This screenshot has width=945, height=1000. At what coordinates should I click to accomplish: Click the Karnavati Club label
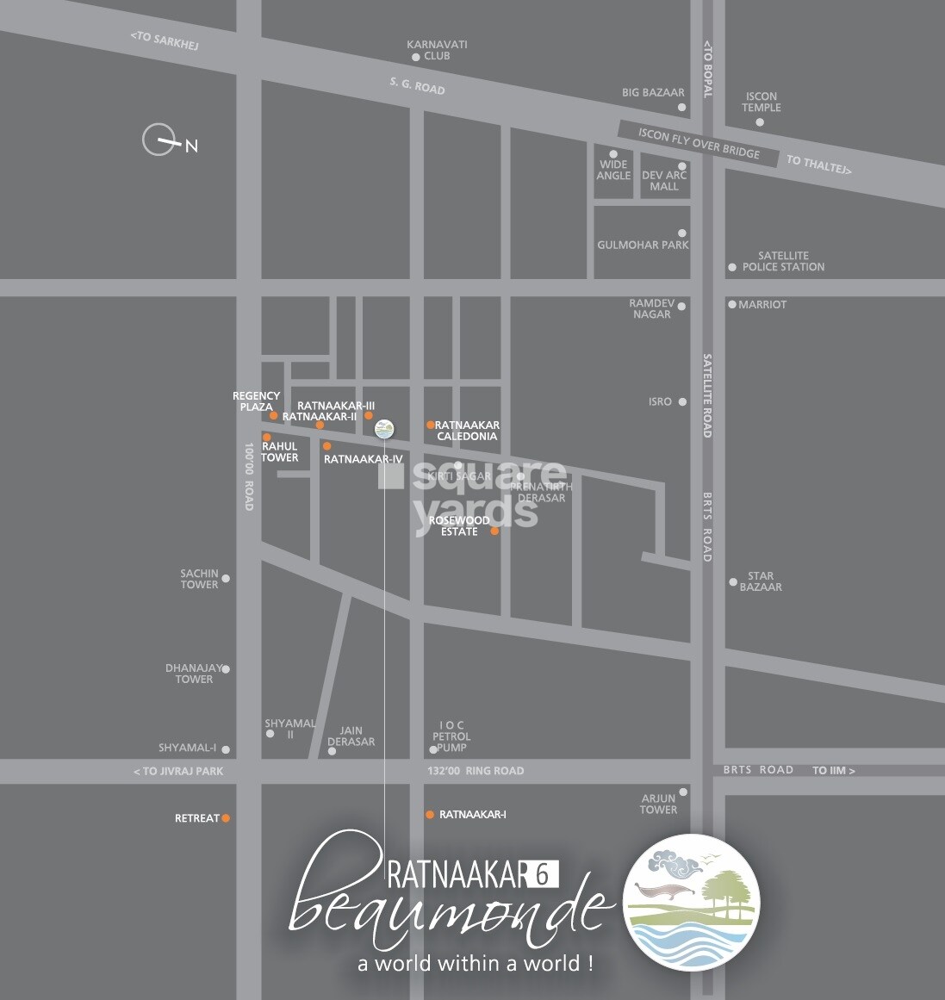[x=437, y=50]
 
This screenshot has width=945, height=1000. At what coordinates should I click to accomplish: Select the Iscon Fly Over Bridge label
[x=699, y=144]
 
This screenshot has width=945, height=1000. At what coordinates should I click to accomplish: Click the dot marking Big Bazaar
[x=681, y=108]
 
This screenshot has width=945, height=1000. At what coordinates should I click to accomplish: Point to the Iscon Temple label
[x=761, y=102]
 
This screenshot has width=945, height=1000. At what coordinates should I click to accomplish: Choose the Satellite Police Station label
[x=783, y=261]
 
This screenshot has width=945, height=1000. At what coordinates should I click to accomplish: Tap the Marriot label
[x=762, y=304]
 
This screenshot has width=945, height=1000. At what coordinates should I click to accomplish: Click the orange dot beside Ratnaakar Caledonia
[x=430, y=425]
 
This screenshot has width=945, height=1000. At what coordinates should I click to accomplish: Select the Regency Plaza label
[x=256, y=401]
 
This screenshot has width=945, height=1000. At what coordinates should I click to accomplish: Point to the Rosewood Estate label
[x=459, y=525]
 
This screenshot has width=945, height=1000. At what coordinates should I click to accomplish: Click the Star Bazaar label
[x=761, y=581]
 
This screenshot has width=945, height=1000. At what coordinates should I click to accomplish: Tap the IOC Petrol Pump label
[x=451, y=736]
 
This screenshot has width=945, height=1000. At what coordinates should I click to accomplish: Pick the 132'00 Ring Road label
[x=476, y=771]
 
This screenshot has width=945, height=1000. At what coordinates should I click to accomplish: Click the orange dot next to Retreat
[x=226, y=818]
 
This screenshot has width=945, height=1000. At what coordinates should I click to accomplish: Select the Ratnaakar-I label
[x=473, y=814]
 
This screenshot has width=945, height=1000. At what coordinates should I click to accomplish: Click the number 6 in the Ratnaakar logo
[x=542, y=875]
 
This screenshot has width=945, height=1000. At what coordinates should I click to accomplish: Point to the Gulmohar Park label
[x=643, y=245]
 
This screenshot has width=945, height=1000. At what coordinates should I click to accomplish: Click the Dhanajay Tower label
[x=194, y=674]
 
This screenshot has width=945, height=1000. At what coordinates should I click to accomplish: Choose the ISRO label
[x=660, y=401]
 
